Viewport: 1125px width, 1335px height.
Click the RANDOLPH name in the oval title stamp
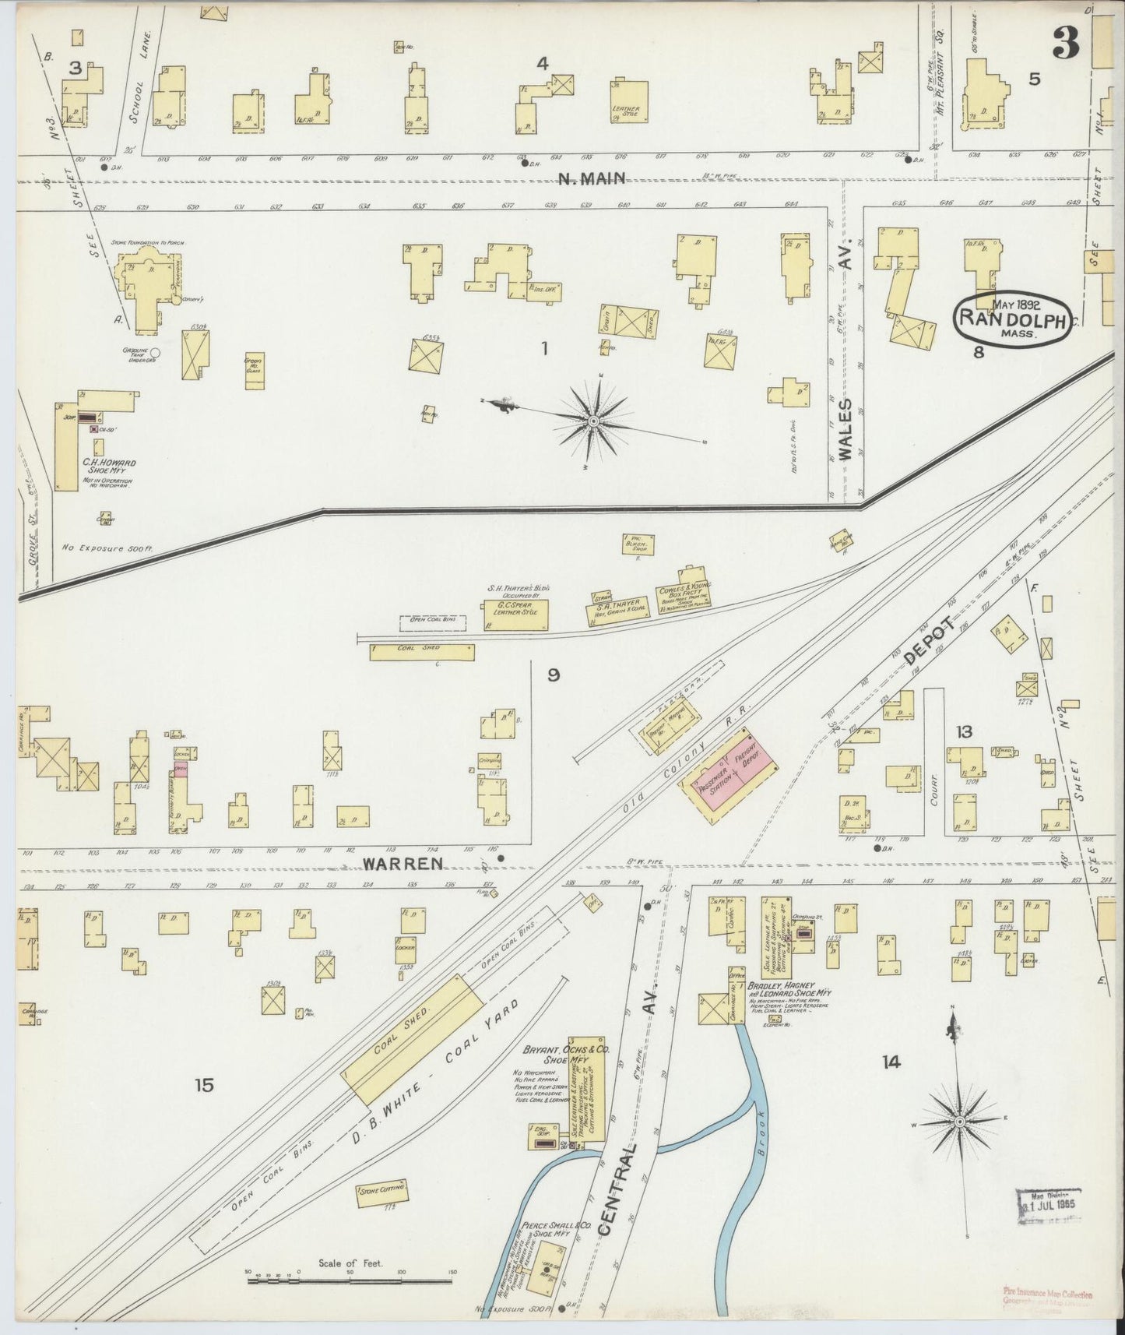click(1010, 317)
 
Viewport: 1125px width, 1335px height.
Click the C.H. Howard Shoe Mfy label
click(109, 467)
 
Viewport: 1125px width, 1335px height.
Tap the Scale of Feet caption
click(350, 1263)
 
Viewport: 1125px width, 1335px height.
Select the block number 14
click(891, 1061)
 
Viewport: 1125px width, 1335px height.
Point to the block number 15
click(204, 1084)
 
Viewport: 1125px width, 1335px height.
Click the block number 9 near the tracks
click(553, 675)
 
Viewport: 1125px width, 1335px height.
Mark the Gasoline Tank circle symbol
click(155, 353)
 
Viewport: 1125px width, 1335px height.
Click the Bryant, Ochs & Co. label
click(556, 1055)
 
